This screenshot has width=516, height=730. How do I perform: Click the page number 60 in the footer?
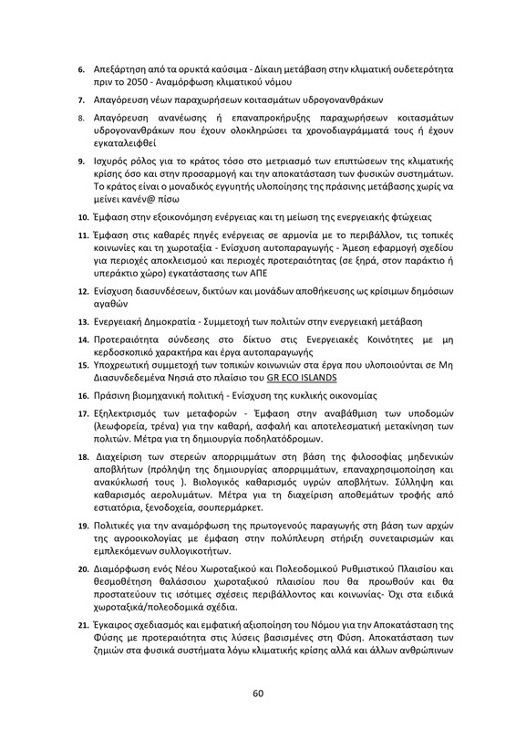[x=258, y=693]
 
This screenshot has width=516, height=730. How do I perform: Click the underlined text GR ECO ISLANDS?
[x=335, y=378]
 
